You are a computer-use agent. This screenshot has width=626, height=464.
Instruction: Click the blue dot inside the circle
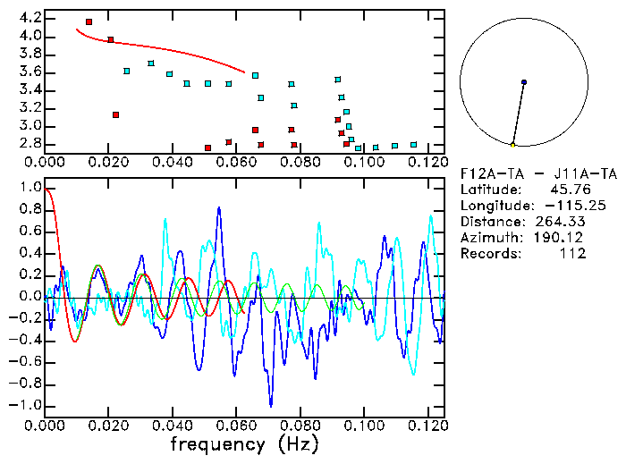coord(524,82)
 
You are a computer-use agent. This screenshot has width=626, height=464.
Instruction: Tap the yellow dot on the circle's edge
coord(512,145)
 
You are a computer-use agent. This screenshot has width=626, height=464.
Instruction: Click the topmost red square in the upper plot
coord(89,21)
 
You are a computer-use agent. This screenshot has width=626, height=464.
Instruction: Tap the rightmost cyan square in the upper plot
coord(413,144)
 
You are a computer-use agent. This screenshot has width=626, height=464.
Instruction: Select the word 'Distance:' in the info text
coord(492,221)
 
